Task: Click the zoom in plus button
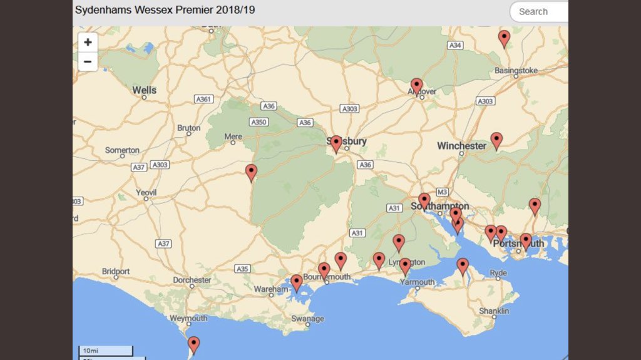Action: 88,43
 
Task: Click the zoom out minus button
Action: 88,61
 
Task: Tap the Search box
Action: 540,11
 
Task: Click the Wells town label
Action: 144,90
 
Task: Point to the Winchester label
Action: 461,146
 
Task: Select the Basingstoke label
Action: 516,71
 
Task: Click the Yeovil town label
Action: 147,193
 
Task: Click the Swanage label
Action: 308,319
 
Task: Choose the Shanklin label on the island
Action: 494,311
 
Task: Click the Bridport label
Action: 116,272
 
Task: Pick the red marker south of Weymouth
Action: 194,344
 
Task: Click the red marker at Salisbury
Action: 336,143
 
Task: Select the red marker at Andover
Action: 416,85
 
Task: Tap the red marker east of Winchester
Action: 496,140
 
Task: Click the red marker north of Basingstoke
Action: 504,38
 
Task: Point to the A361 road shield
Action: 204,99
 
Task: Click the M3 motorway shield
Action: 443,192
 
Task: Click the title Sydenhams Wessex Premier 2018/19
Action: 165,11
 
